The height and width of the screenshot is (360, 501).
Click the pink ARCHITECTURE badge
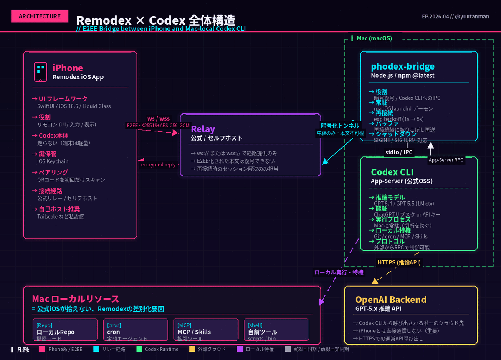[39, 16]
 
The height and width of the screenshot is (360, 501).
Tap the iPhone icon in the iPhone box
[40, 72]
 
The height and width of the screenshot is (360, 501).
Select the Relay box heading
[203, 129]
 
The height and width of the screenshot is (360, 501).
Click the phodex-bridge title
[402, 66]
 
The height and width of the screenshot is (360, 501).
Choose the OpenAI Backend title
[391, 300]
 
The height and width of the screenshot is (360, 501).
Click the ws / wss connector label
[159, 118]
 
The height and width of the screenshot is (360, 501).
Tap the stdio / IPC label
[398, 152]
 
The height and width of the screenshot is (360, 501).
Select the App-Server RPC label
[446, 160]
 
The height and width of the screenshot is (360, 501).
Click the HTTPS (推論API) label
[399, 262]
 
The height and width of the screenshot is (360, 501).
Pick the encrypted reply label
[158, 165]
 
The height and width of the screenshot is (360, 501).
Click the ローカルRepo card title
[56, 332]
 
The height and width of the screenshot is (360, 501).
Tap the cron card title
[114, 332]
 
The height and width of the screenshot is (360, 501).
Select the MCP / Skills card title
[194, 332]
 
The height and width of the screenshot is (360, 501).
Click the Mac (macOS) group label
[374, 38]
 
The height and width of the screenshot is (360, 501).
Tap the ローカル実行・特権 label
[339, 272]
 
